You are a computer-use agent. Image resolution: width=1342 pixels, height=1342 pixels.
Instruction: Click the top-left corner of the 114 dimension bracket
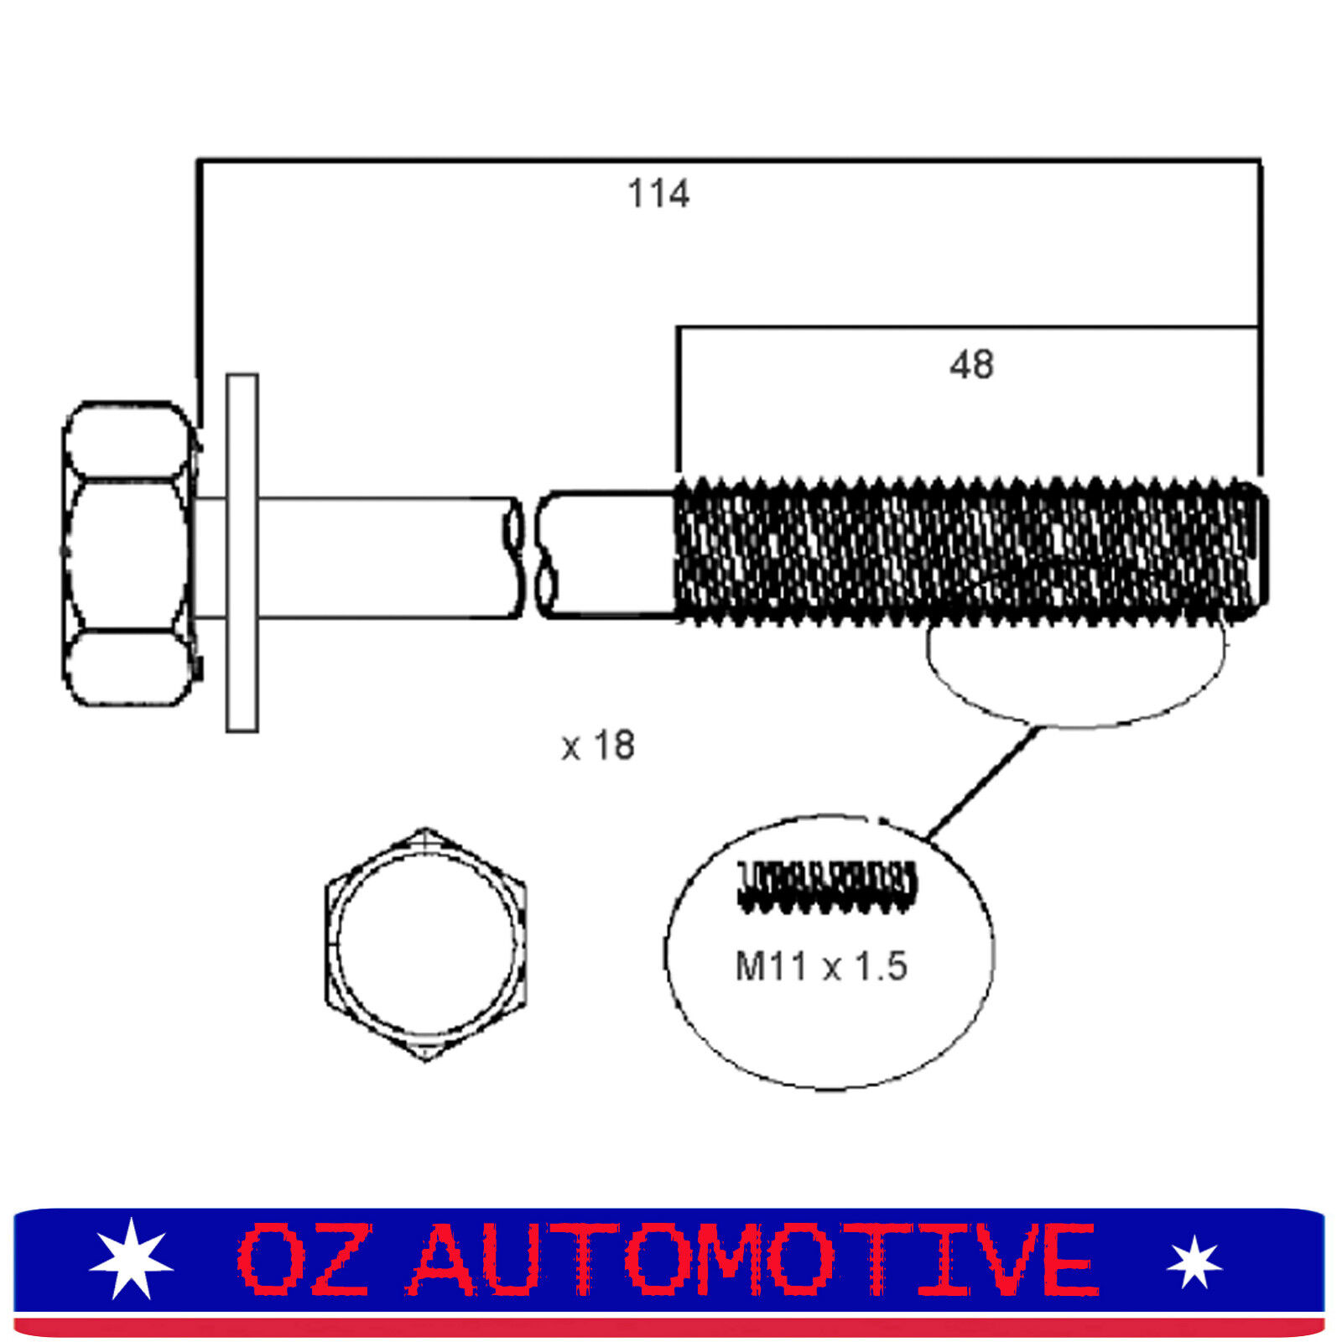[x=199, y=160]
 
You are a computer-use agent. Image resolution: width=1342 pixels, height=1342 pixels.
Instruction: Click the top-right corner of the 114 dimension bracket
[x=1260, y=160]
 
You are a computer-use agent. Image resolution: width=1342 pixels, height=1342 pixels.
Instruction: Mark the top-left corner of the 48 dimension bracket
[x=679, y=328]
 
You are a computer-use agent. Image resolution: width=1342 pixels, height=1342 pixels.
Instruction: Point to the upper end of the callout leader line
[x=1038, y=728]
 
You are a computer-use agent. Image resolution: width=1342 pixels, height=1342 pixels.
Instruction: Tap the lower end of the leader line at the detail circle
[x=928, y=837]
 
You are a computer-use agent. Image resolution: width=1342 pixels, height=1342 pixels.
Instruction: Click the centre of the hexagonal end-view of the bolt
[x=426, y=944]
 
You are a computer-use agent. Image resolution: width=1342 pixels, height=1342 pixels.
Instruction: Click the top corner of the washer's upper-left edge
[x=228, y=375]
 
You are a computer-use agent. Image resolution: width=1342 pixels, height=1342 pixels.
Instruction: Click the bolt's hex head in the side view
[x=128, y=554]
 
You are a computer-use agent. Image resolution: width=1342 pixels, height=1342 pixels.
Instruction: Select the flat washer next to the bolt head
[x=242, y=553]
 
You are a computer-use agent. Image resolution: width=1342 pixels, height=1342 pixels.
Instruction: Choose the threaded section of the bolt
[x=971, y=551]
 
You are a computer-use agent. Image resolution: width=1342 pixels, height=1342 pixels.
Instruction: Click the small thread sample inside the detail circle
[x=827, y=887]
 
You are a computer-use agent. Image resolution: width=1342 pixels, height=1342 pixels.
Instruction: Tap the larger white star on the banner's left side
[x=131, y=1258]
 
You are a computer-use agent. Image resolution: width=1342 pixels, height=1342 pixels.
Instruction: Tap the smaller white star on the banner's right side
[x=1194, y=1262]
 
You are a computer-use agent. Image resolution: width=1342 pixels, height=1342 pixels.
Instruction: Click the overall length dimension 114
[x=658, y=194]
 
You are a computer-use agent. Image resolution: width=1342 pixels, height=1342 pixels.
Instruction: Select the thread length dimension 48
[x=972, y=365]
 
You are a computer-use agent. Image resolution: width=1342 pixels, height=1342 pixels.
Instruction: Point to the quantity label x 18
[x=598, y=746]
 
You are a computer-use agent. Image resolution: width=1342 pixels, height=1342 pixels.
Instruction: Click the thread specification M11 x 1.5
[x=821, y=966]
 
